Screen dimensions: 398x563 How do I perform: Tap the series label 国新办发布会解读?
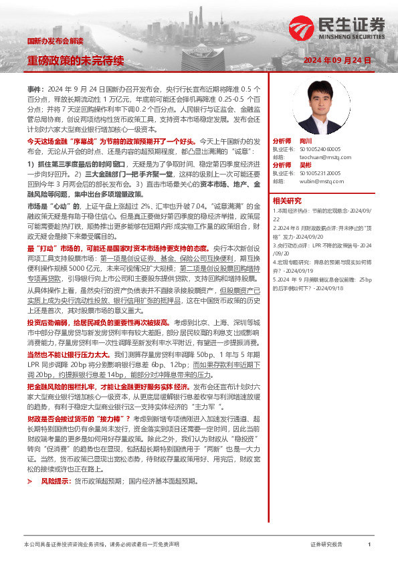click(54, 41)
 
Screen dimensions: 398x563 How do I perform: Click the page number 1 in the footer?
click(369, 545)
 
